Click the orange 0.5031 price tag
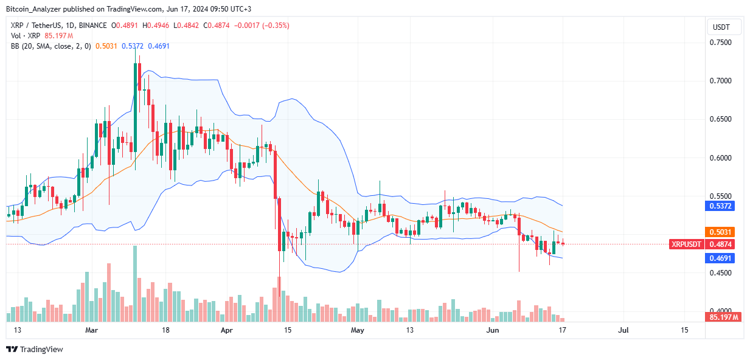pos(723,232)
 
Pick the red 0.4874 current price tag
pos(723,244)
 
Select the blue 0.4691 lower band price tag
pos(723,258)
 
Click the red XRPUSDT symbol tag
pos(686,244)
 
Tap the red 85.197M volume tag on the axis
pos(723,317)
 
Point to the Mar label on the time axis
pos(91,330)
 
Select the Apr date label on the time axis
pos(226,330)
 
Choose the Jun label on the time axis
pos(493,330)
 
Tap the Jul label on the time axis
pos(623,330)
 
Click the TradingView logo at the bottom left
pos(35,349)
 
